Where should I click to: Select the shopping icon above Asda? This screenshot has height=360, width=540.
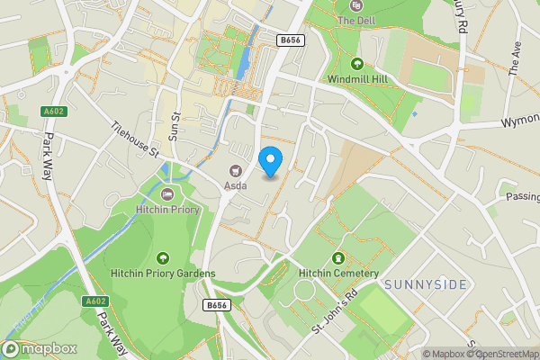[237, 169]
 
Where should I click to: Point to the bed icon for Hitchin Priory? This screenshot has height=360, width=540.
[166, 194]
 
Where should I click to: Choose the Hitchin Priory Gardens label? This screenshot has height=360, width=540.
[163, 274]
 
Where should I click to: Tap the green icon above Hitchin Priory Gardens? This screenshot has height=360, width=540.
[163, 257]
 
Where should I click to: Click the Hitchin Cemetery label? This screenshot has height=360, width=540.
[339, 274]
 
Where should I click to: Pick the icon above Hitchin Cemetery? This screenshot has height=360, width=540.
[339, 257]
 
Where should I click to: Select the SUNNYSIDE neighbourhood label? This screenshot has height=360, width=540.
[426, 284]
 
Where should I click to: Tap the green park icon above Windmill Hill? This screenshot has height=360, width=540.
[358, 64]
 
